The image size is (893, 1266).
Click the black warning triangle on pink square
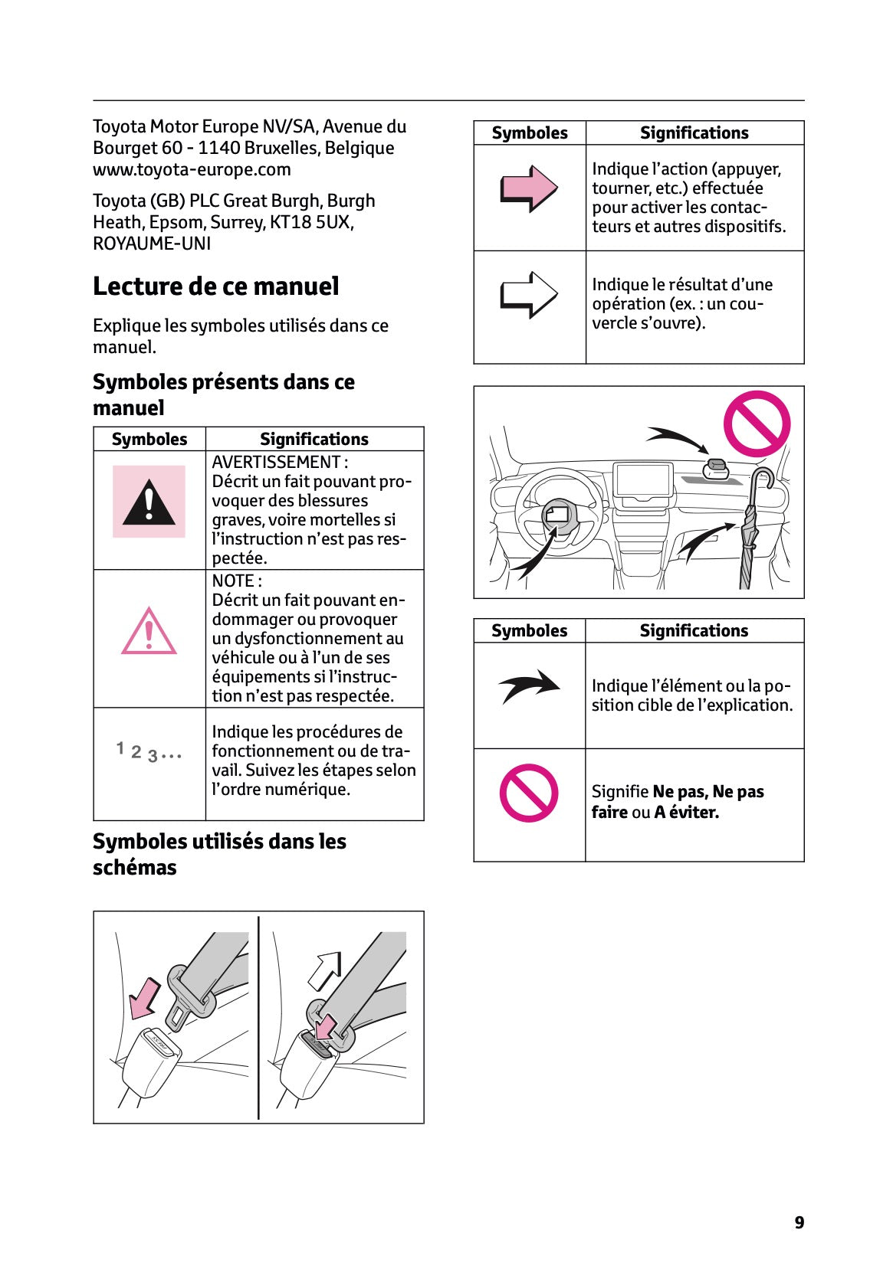coord(149,502)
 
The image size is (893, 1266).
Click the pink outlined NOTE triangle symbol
coord(149,633)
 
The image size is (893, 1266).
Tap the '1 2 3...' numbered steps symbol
coord(149,752)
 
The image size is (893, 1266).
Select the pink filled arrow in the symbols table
coord(528,188)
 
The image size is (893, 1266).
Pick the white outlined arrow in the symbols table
coord(528,295)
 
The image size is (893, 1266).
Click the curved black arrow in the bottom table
coord(529,686)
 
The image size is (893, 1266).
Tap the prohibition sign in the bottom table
coord(528,793)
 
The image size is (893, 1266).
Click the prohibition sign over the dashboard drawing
coord(757,424)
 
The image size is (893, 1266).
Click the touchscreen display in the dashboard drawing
coord(642,482)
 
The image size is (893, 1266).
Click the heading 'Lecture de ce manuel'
coord(215,286)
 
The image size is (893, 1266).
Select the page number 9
coord(799,1222)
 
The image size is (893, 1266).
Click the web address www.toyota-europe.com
coord(192,169)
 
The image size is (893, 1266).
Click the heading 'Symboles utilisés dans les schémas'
coord(219,854)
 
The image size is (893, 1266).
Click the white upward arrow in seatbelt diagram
coord(324,970)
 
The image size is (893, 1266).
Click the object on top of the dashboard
coord(715,469)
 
